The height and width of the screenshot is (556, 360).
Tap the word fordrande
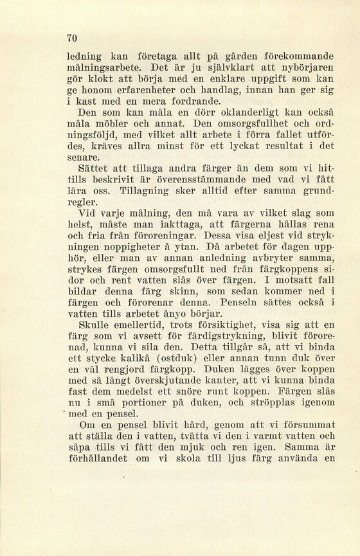point(191,101)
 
